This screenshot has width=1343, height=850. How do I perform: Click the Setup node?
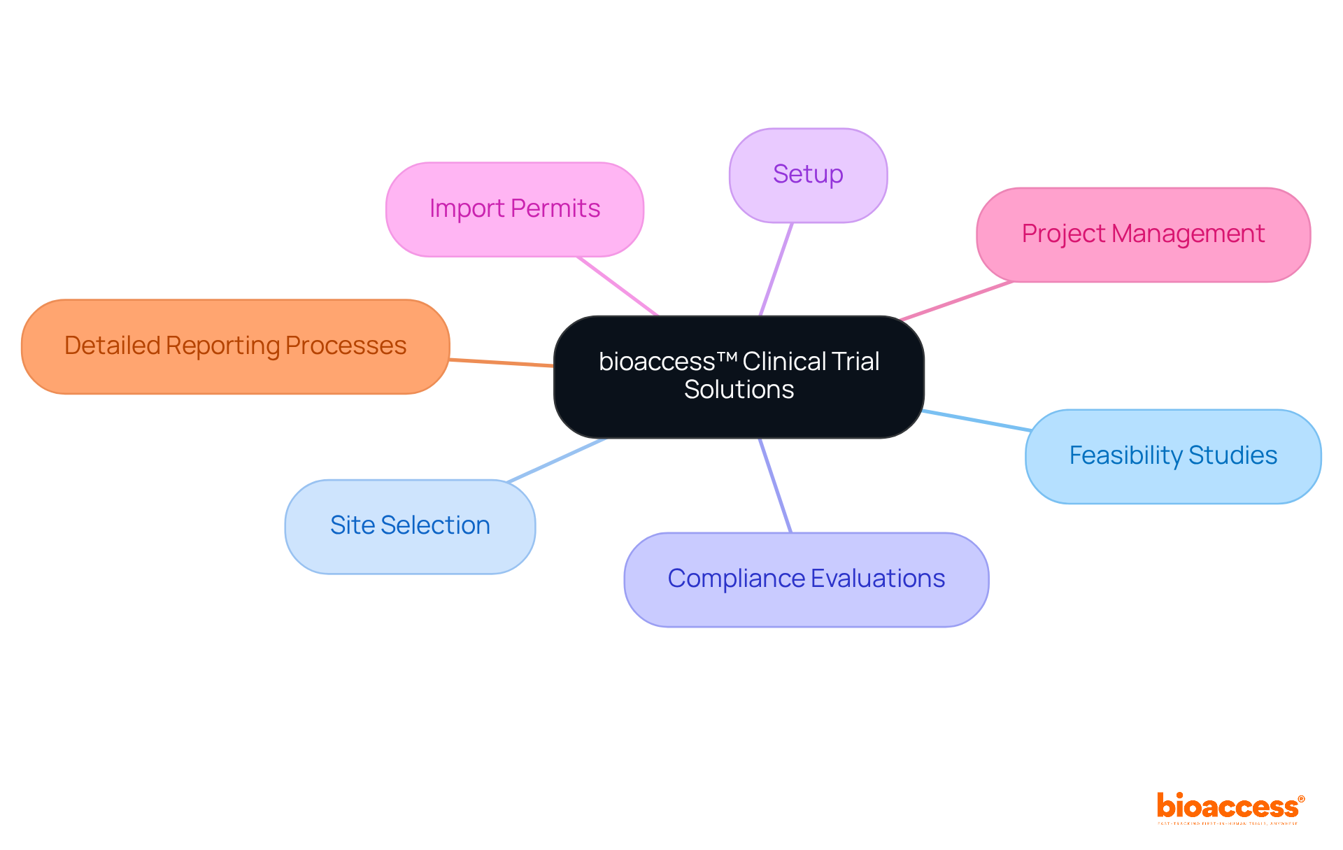tap(808, 175)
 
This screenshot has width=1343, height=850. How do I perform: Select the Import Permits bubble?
tap(514, 209)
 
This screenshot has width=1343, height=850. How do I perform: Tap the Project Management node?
tap(1143, 234)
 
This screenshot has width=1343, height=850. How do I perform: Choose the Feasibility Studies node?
tap(1173, 456)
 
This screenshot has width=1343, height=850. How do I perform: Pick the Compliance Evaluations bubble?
tap(806, 579)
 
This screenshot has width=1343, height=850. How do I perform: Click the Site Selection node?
tap(410, 526)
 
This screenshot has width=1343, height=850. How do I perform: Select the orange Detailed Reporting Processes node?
tap(235, 346)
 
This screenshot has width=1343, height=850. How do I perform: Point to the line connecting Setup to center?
tap(776, 269)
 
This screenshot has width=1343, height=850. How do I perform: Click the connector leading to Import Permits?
tap(618, 286)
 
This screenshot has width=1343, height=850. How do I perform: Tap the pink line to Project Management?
tap(956, 301)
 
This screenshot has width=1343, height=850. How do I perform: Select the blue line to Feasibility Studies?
tap(976, 420)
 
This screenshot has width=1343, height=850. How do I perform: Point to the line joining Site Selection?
tap(557, 460)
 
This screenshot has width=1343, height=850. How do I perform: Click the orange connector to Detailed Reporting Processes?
tap(501, 362)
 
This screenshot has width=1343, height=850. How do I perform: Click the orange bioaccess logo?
tap(1229, 807)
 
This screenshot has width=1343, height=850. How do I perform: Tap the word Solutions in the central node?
tap(739, 390)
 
